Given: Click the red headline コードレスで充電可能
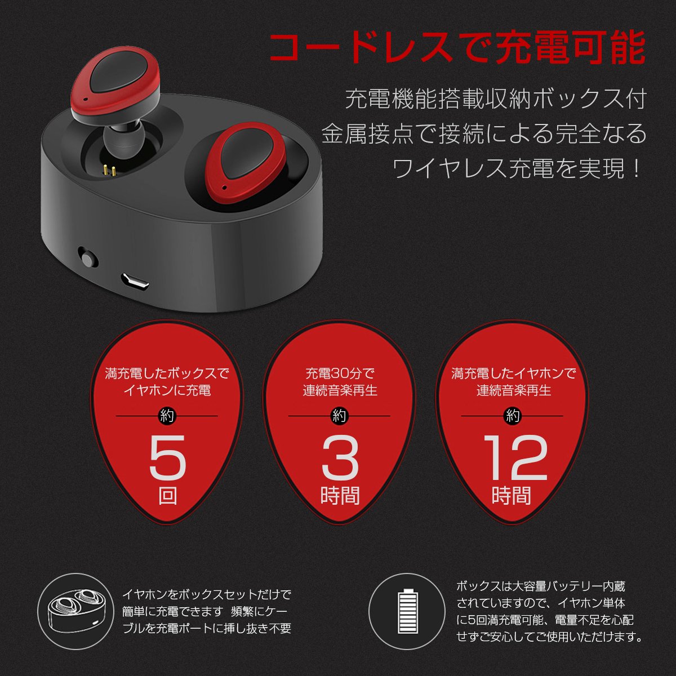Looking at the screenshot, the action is tap(457, 48).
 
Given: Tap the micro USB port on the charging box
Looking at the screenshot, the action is tap(135, 281).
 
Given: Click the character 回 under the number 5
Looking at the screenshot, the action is tap(167, 496).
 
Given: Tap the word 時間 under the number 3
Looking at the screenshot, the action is tap(340, 496).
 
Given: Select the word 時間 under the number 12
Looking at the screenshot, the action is tap(512, 496).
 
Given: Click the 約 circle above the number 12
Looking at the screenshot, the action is tap(512, 416).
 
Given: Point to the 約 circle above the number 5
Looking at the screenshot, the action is tap(167, 416).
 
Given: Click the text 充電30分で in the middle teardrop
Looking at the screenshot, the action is tap(340, 373).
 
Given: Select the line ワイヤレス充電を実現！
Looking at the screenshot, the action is tap(518, 169).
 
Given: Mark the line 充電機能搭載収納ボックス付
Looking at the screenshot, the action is tap(496, 100).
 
